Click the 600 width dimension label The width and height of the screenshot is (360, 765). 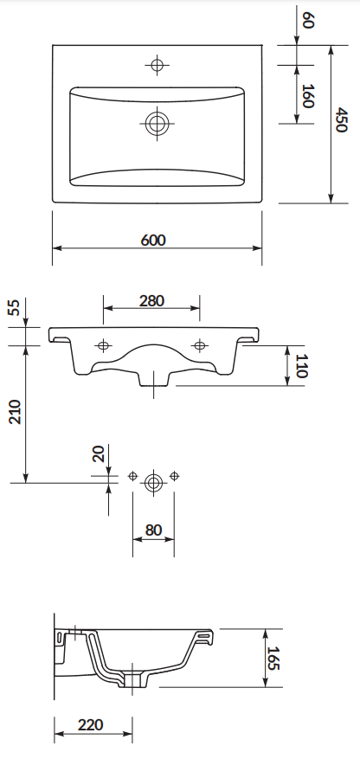pos(153,240)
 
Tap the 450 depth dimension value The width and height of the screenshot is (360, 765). pos(341,120)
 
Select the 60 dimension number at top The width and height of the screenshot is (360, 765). pos(308,21)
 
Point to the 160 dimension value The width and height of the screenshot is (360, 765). pos(308,95)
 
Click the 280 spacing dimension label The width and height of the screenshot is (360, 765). pos(151,301)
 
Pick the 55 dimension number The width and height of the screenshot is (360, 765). pos(15,308)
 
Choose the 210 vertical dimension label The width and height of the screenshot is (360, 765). pos(15,412)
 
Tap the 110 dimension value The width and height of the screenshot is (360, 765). pos(301,367)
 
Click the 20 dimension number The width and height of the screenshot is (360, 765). pos(99,453)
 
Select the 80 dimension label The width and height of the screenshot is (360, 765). pos(154,530)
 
